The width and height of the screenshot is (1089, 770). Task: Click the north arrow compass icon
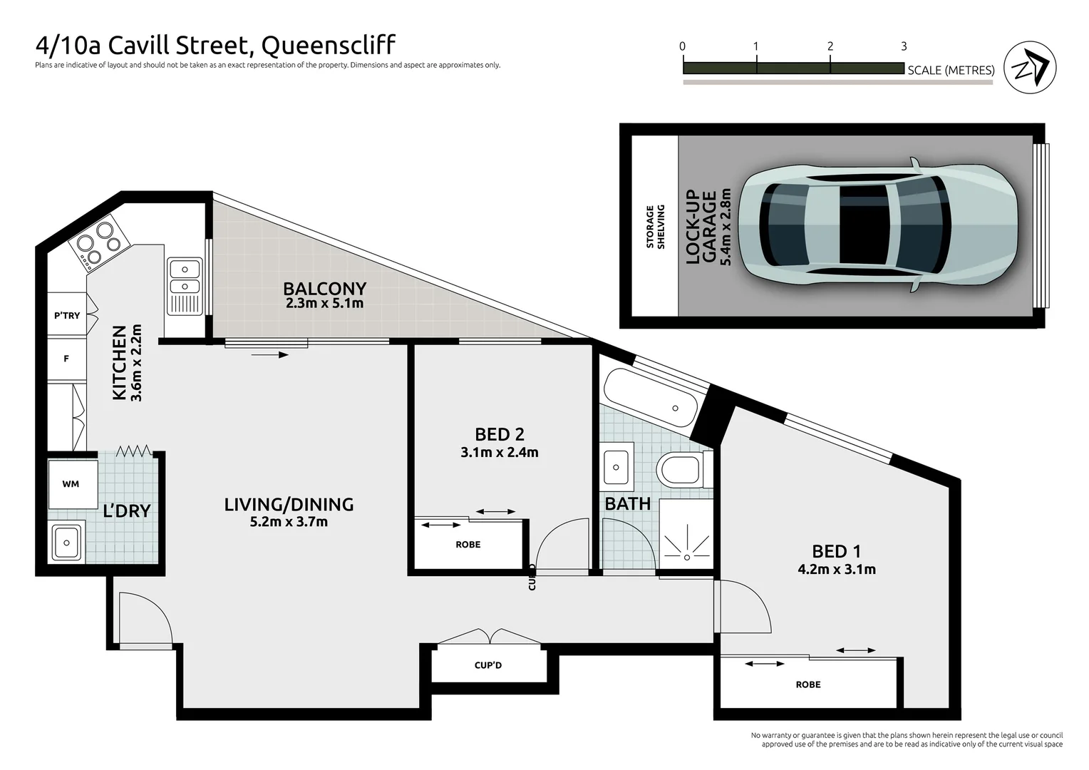[1029, 68]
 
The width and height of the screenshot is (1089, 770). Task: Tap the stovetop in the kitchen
[99, 243]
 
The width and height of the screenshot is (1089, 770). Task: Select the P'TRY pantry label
[67, 315]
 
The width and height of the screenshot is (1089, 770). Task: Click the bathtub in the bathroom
[650, 399]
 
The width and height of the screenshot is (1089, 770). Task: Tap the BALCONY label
[324, 289]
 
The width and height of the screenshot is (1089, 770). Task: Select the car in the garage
[877, 225]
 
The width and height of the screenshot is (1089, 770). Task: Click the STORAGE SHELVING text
[655, 227]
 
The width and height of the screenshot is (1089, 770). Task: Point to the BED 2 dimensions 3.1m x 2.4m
[499, 452]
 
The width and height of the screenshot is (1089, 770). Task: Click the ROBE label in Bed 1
[807, 684]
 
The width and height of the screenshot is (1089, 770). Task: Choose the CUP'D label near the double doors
[488, 665]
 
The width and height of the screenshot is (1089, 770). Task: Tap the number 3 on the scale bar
[904, 46]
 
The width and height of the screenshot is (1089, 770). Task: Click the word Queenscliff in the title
[329, 46]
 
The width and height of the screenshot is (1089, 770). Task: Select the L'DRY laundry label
[127, 511]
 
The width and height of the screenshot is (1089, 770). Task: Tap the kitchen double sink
[184, 278]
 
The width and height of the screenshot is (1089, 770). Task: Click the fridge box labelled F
[66, 359]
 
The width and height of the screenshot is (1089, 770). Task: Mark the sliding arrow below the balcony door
[270, 354]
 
